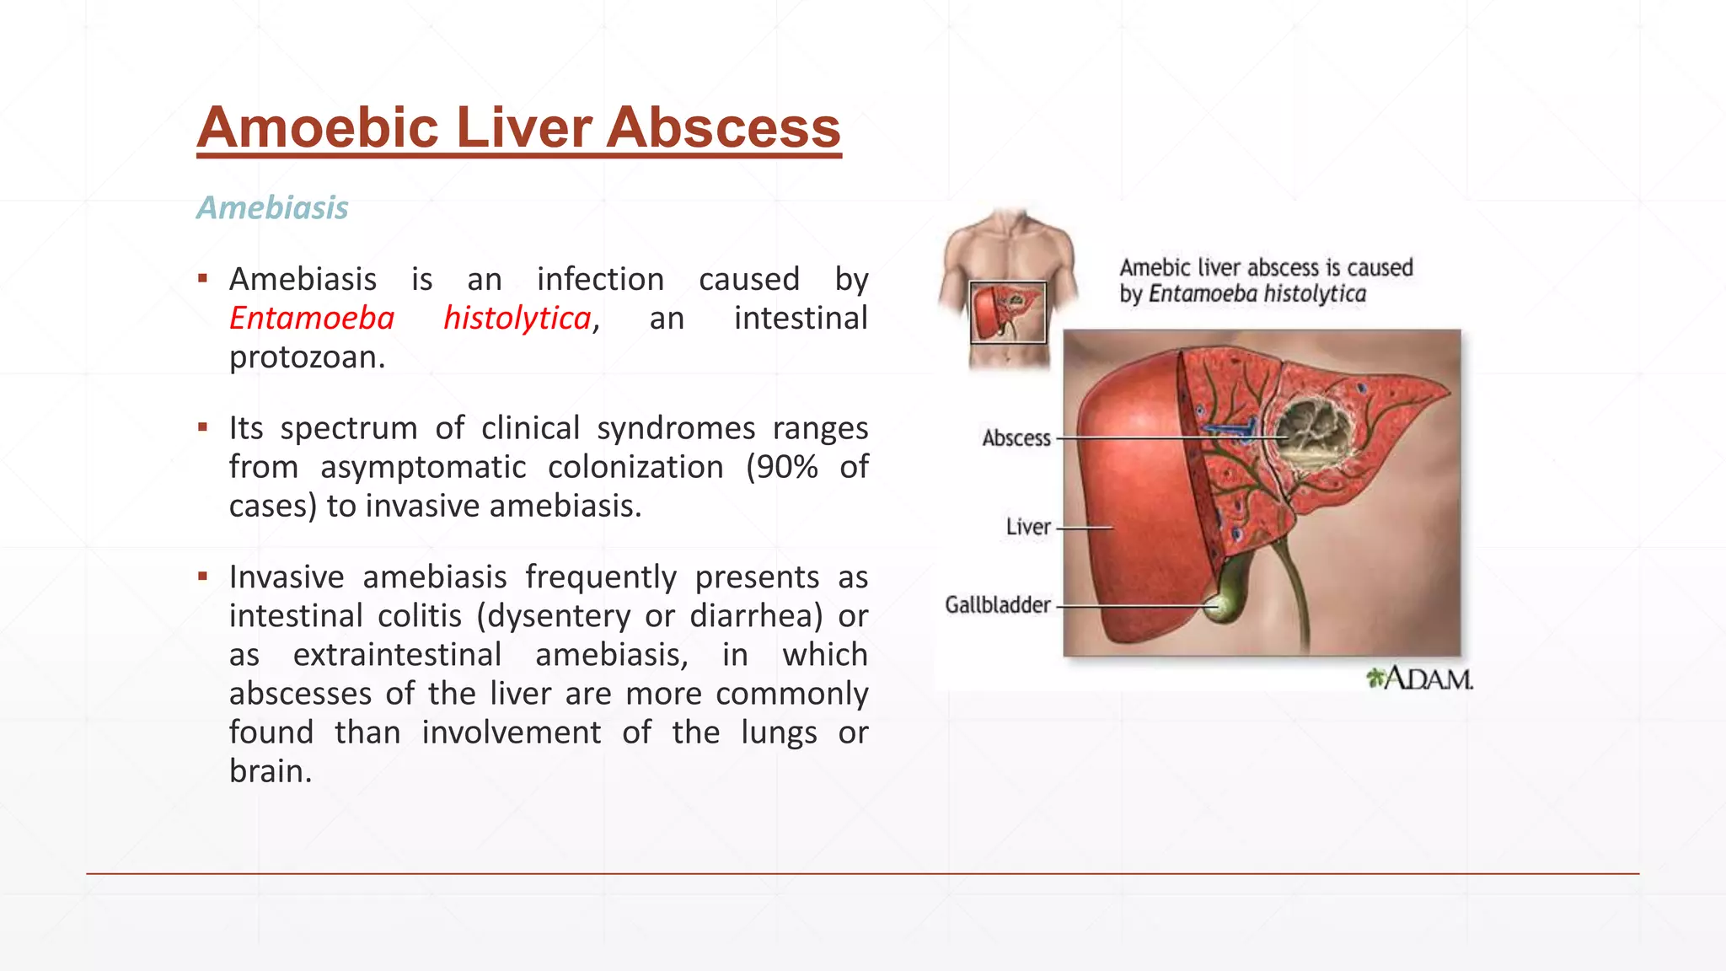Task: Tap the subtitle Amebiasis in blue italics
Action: pyautogui.click(x=272, y=208)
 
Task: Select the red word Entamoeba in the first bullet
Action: pyautogui.click(x=312, y=319)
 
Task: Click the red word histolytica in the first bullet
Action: pyautogui.click(x=517, y=319)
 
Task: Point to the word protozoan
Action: pyautogui.click(x=307, y=357)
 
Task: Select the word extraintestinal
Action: pyautogui.click(x=397, y=655)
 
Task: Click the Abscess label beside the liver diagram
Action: pyautogui.click(x=1016, y=438)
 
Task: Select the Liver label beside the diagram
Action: pyautogui.click(x=1028, y=527)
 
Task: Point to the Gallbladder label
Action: pyautogui.click(x=998, y=605)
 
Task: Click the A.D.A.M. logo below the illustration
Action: pyautogui.click(x=1420, y=679)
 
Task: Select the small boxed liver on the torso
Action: pyautogui.click(x=1008, y=313)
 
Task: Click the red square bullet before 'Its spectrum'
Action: pyautogui.click(x=202, y=427)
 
